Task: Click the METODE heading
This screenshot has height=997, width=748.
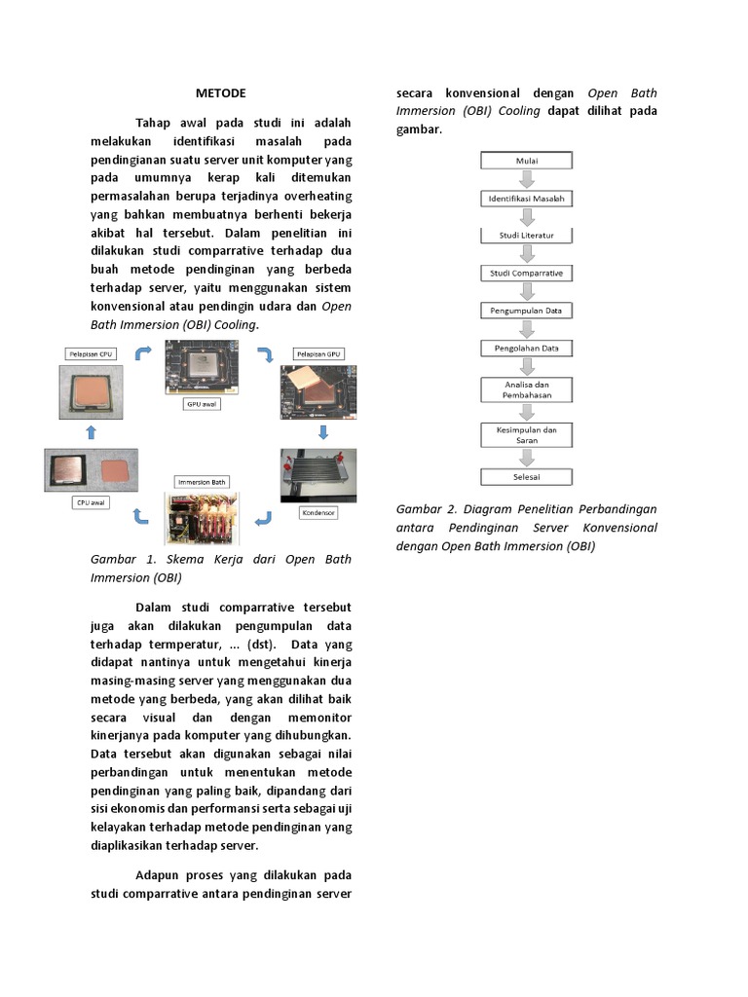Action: click(x=220, y=93)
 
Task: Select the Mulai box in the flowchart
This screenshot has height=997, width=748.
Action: click(x=527, y=161)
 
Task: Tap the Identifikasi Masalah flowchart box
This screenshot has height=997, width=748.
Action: click(x=527, y=199)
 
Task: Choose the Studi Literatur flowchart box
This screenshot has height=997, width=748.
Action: click(x=527, y=236)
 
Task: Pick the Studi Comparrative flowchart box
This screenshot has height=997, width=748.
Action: click(x=527, y=274)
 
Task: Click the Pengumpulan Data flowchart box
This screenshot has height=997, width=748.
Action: click(x=527, y=311)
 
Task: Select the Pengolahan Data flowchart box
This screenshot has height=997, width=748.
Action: click(x=527, y=348)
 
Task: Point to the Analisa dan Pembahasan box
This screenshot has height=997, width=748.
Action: click(x=527, y=389)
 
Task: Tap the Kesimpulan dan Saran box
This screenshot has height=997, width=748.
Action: click(x=527, y=434)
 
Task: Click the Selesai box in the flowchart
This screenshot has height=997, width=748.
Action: click(x=527, y=477)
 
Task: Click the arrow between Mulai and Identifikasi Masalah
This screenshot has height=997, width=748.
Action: click(x=527, y=179)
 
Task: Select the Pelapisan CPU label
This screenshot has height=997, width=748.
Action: click(x=91, y=353)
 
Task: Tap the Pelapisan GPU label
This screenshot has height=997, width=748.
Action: click(x=318, y=353)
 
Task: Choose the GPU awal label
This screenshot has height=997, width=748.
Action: click(x=202, y=402)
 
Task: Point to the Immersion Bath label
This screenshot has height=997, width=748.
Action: click(x=202, y=482)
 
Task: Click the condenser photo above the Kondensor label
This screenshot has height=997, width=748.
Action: click(x=318, y=475)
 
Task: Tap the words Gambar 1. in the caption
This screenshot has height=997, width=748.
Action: click(x=118, y=560)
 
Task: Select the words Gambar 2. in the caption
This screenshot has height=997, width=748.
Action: click(x=424, y=509)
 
